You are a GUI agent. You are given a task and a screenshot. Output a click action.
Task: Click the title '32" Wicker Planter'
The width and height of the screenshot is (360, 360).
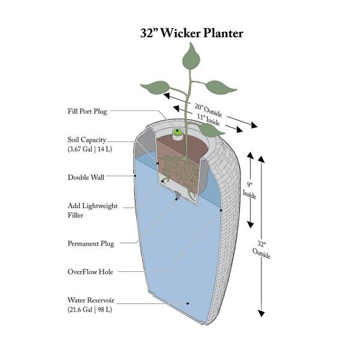point(191,34)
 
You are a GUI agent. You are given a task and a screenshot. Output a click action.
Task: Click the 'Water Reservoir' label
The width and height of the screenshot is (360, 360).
point(92,299)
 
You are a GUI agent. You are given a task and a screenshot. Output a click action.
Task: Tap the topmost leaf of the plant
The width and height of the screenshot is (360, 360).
point(191,59)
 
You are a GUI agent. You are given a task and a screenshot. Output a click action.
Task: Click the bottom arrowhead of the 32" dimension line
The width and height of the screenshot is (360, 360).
point(261,313)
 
